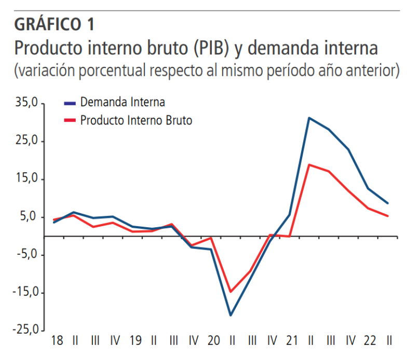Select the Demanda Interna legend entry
point(123,102)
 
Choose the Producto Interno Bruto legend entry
point(136,120)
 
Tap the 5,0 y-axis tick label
point(30,217)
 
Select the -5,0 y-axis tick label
point(27,255)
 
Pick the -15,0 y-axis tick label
point(24,293)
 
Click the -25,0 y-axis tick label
point(24,330)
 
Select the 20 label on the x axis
point(213,342)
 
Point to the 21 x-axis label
point(291,342)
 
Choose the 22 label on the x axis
point(370,342)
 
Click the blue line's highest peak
point(309,118)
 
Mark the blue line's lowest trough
point(230,315)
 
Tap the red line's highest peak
point(309,165)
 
